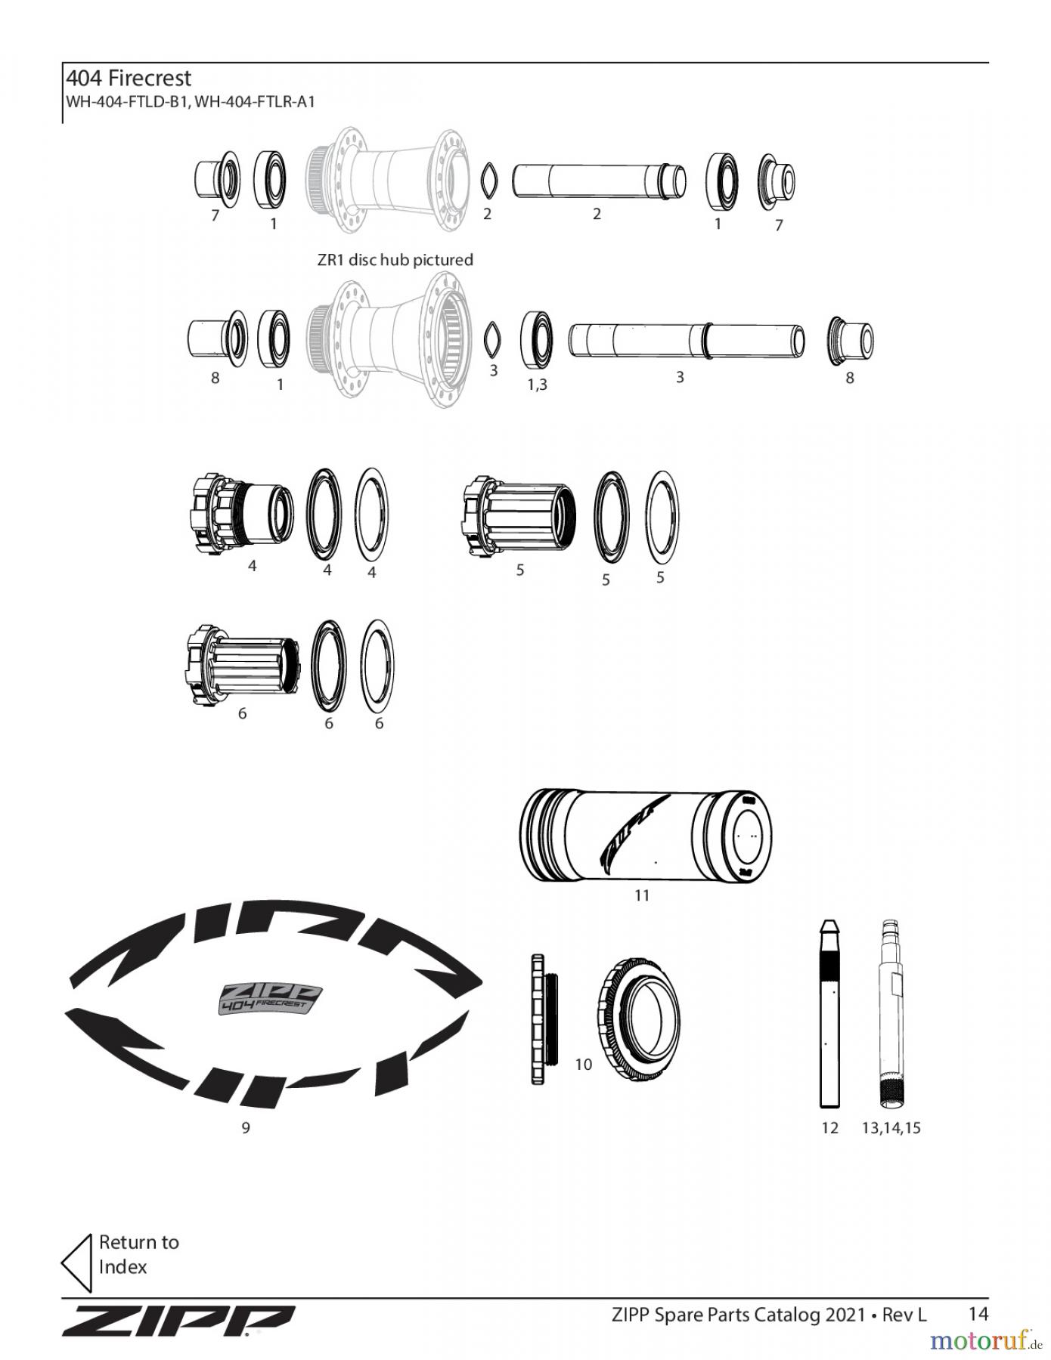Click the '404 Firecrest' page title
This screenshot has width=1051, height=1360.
coord(129,79)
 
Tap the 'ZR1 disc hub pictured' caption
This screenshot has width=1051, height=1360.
coord(395,260)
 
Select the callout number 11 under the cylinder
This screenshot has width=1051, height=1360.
coord(642,895)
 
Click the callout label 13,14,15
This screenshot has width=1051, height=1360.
coord(891,1128)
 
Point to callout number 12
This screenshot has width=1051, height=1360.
coord(830,1128)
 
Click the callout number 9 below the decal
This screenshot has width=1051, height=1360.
coord(246,1128)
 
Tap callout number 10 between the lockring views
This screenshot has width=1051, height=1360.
coord(584,1065)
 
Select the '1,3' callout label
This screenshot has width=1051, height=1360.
coord(538,385)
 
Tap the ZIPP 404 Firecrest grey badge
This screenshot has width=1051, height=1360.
coord(270,999)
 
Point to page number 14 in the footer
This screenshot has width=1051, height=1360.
coord(978,1314)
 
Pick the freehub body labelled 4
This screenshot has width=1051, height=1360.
coord(241,515)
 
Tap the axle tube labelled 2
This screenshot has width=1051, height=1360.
coord(600,182)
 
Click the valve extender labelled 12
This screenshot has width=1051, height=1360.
coord(829,1013)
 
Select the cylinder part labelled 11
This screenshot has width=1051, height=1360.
coord(646,835)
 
